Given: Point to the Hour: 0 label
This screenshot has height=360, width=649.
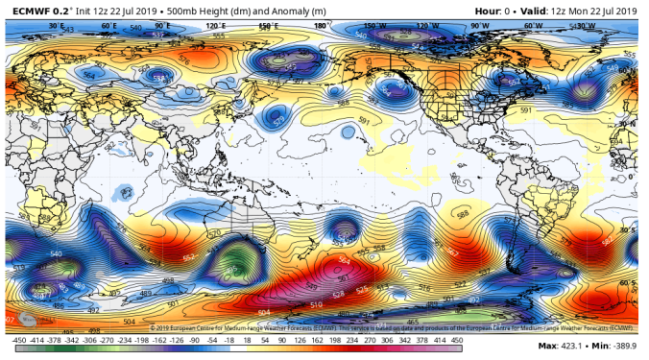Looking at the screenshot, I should point(496,11).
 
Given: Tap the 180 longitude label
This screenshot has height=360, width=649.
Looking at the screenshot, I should point(321,27).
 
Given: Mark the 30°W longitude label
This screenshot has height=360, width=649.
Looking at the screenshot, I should point(585,27).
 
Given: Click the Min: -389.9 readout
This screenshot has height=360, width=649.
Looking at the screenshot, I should point(615,345).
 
